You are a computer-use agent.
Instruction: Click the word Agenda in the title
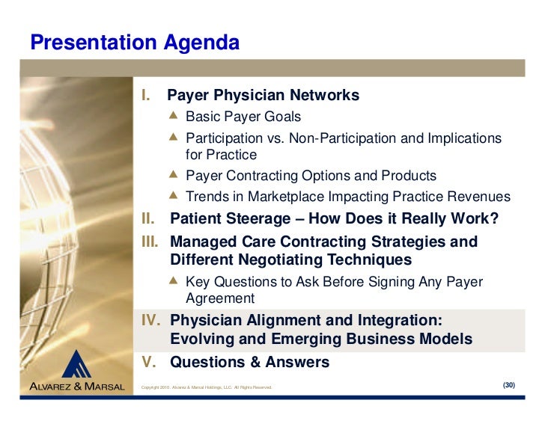(201, 43)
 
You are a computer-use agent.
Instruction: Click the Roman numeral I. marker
(146, 95)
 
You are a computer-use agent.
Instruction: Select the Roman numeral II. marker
(148, 218)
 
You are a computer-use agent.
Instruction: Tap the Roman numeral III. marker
(150, 242)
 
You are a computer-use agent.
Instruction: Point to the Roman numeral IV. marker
(151, 320)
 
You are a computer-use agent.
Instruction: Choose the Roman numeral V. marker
(149, 362)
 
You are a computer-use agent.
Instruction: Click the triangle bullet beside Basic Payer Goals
(173, 115)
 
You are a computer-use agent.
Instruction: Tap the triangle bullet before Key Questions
(173, 280)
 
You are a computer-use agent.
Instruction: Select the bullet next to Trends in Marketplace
(173, 195)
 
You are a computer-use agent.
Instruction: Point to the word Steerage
(258, 219)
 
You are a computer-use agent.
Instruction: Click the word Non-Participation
(343, 138)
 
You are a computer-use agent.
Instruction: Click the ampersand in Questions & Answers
(255, 362)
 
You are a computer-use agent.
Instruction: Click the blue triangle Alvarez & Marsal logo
(76, 364)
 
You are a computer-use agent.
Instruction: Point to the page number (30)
(509, 385)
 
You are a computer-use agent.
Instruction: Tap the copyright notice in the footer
(207, 387)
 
